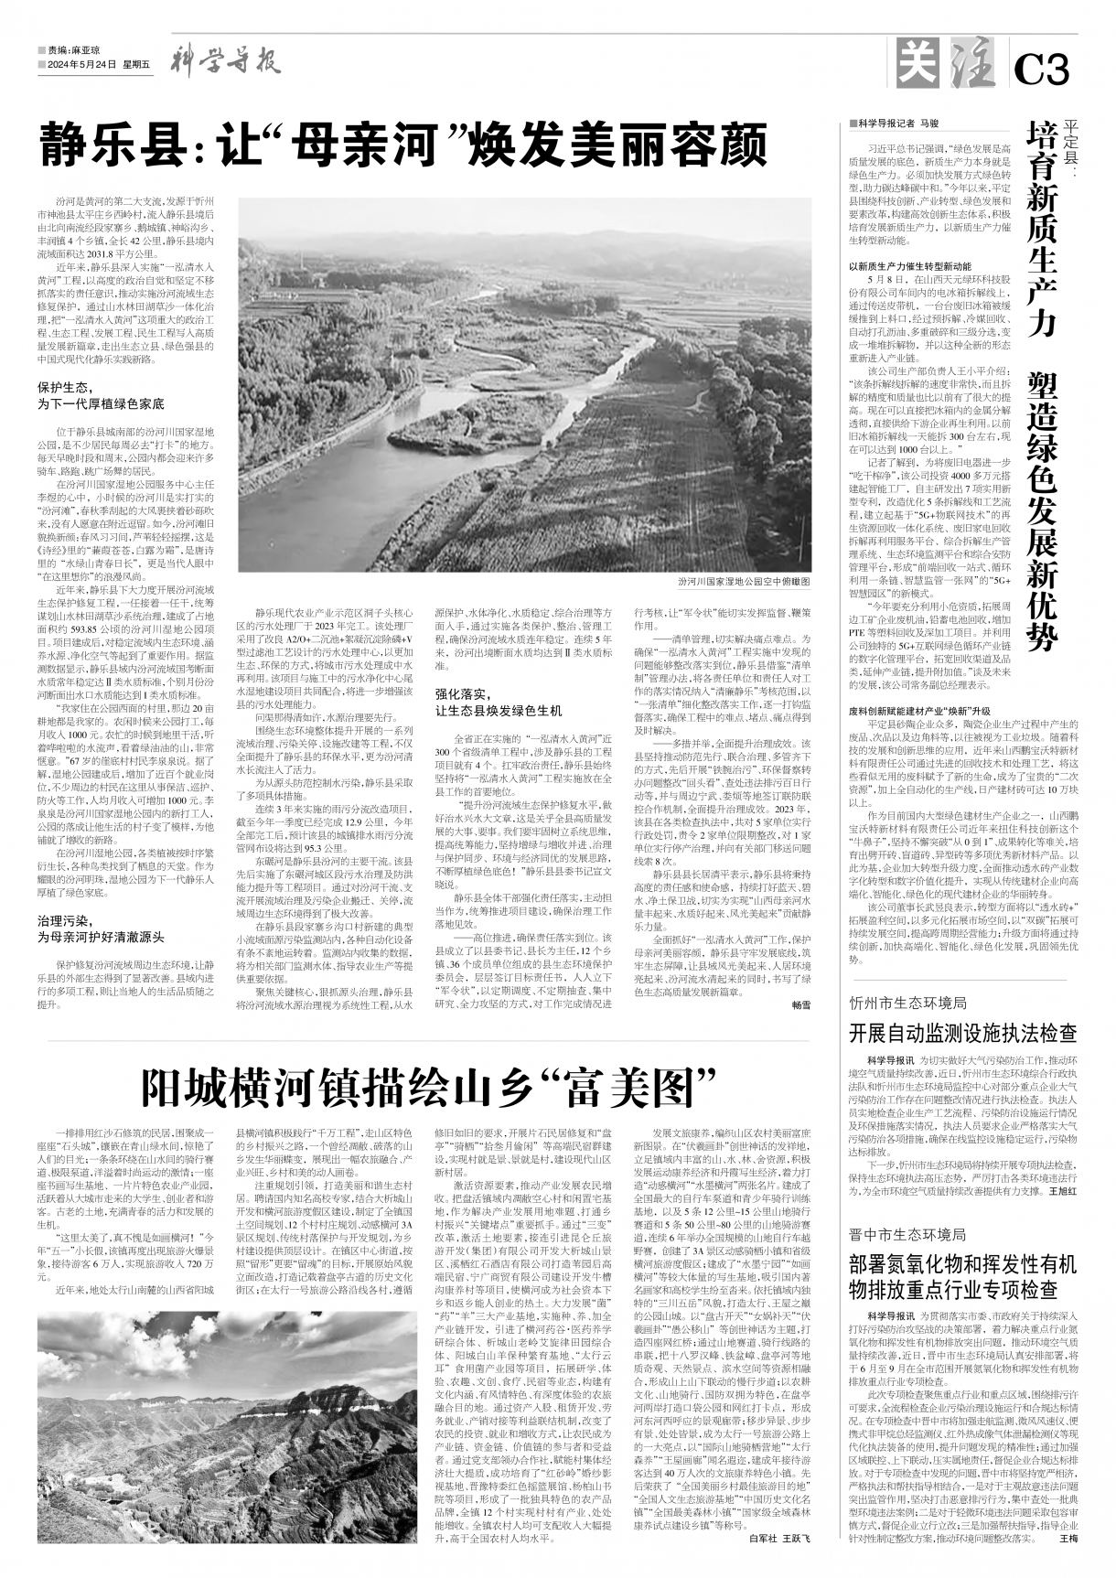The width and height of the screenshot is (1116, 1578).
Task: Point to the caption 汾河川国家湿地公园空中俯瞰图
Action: [x=744, y=581]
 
